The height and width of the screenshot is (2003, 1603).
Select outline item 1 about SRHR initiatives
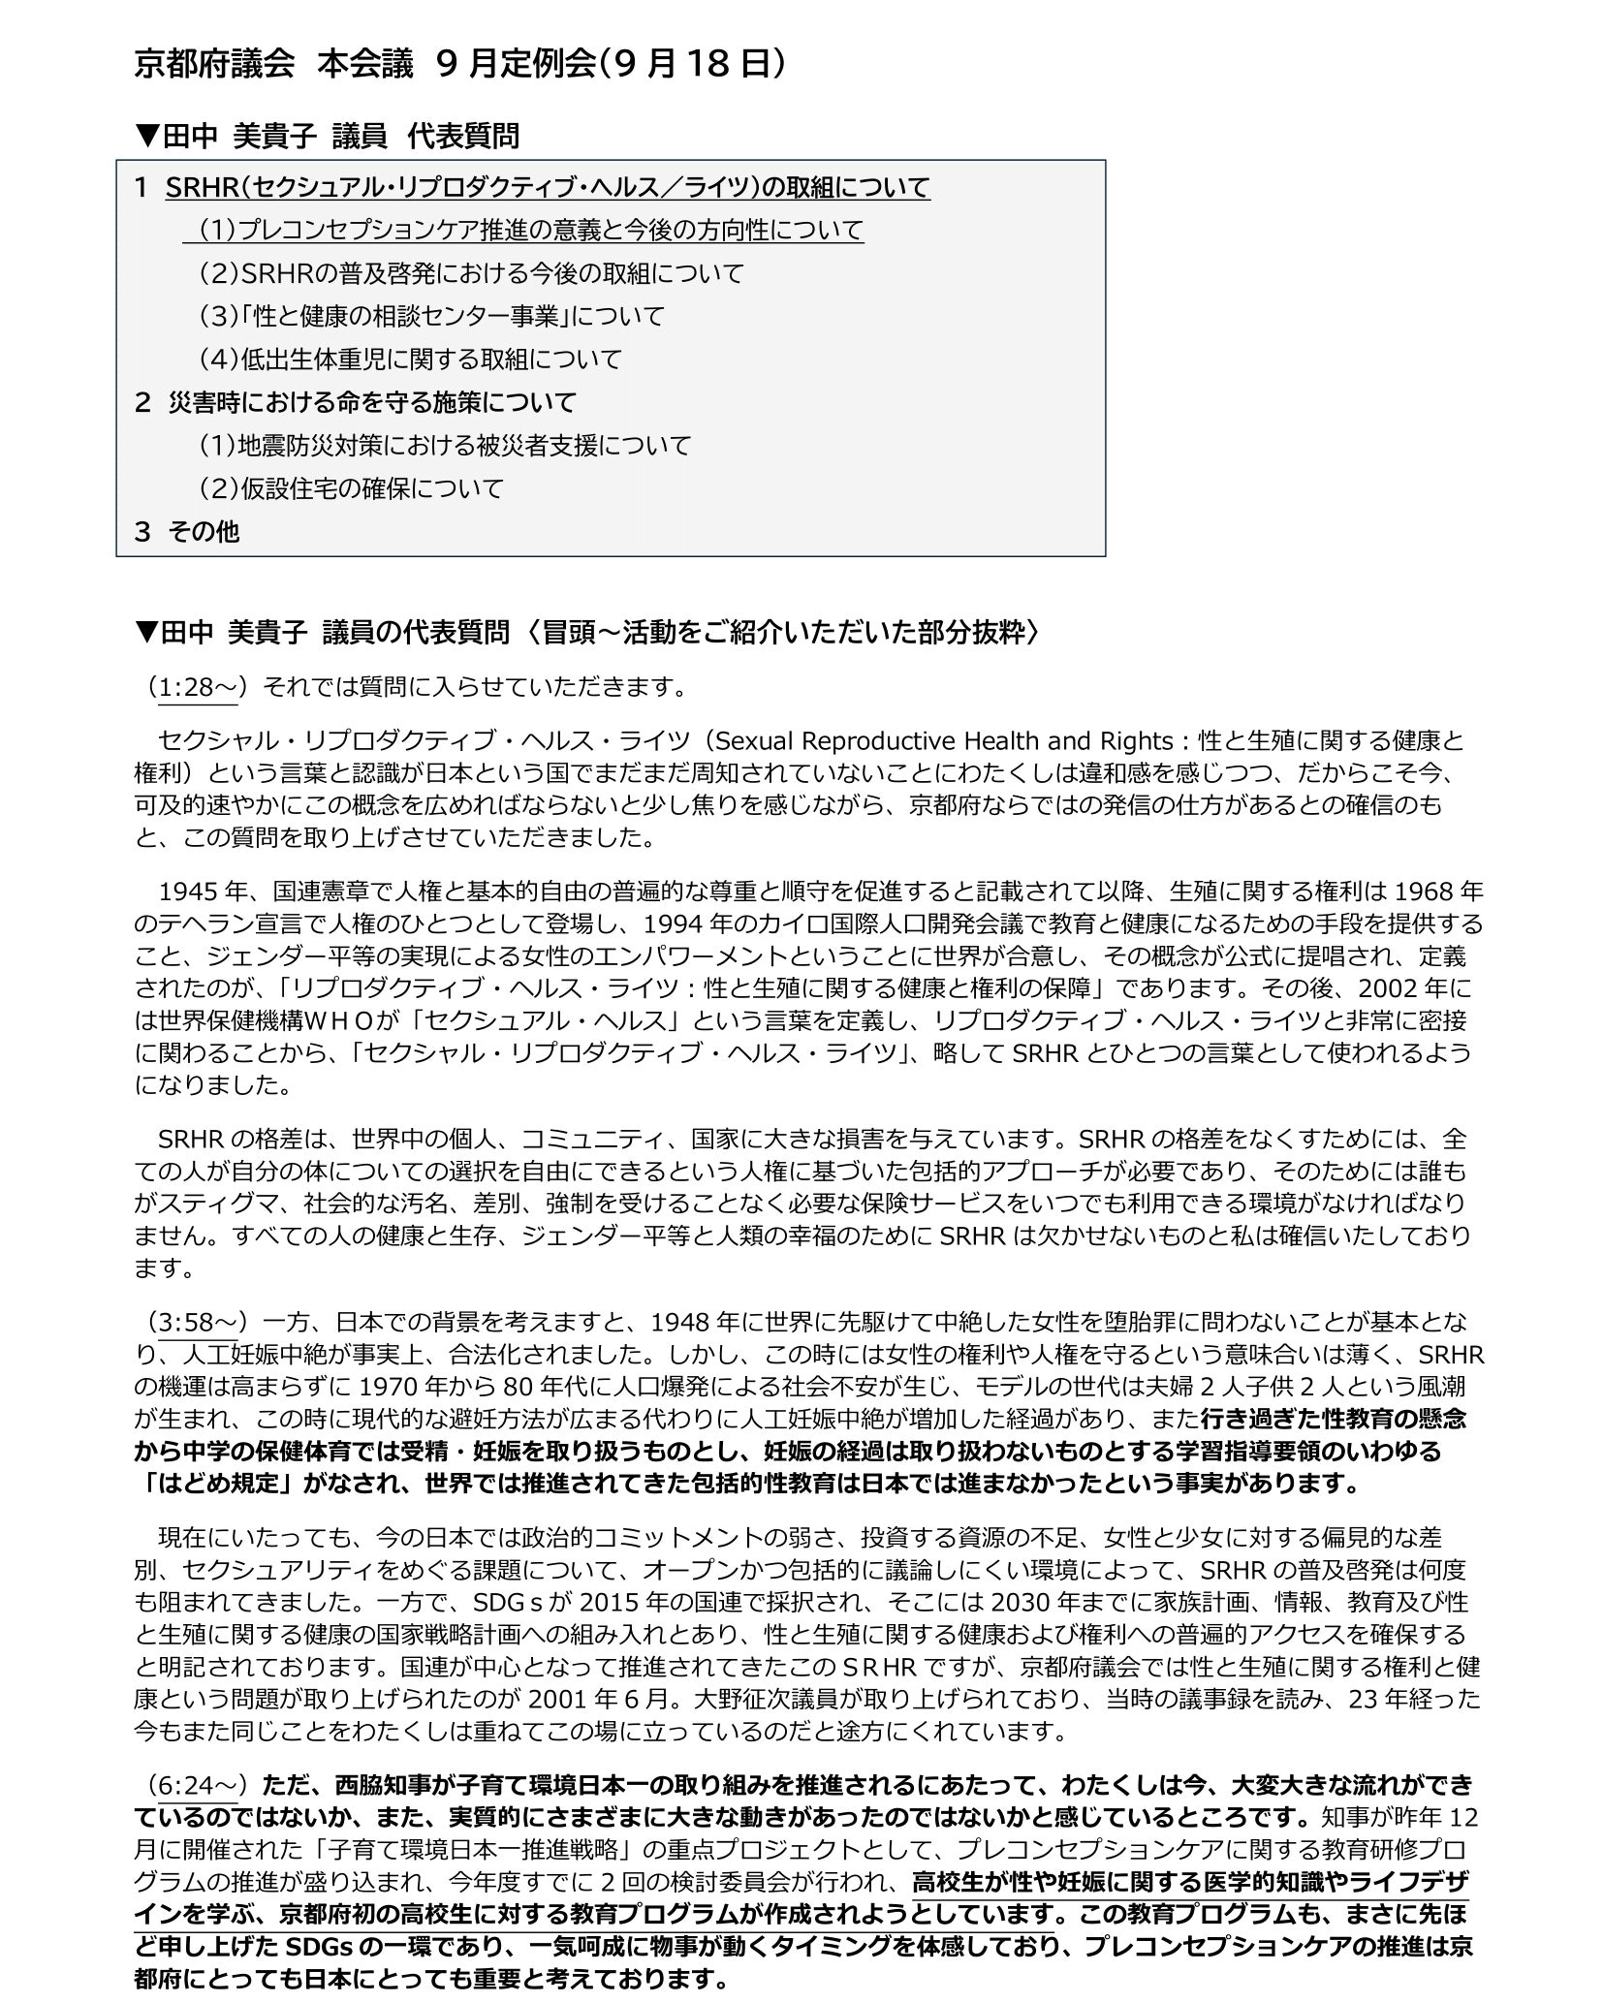point(548,186)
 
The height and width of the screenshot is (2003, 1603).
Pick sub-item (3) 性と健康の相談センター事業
point(431,316)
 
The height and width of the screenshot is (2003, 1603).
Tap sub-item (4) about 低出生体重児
point(410,360)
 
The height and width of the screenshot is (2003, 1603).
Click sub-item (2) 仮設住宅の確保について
point(351,488)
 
